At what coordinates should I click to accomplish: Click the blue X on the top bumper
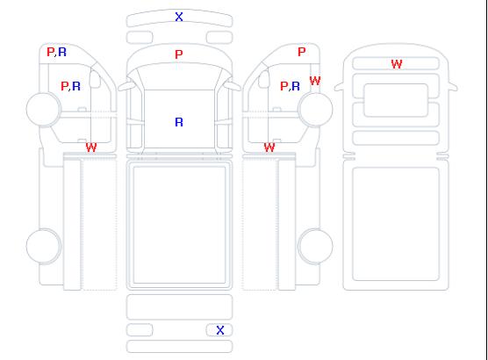(179, 17)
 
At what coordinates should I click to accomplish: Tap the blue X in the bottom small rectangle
(220, 330)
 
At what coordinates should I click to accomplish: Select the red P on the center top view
(179, 54)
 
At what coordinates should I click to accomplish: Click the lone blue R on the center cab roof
(179, 122)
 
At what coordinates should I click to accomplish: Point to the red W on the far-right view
(397, 64)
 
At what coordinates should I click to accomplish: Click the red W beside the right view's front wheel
(315, 81)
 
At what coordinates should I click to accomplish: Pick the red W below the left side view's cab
(91, 148)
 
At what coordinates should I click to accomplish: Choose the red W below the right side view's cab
(269, 148)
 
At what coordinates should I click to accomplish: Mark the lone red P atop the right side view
(302, 52)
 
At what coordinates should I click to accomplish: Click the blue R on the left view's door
(76, 86)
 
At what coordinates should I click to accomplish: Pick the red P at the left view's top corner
(50, 52)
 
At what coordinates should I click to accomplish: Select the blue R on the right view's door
(296, 86)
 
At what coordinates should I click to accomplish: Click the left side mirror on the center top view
(126, 86)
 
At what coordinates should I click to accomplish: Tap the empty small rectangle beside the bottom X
(140, 330)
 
